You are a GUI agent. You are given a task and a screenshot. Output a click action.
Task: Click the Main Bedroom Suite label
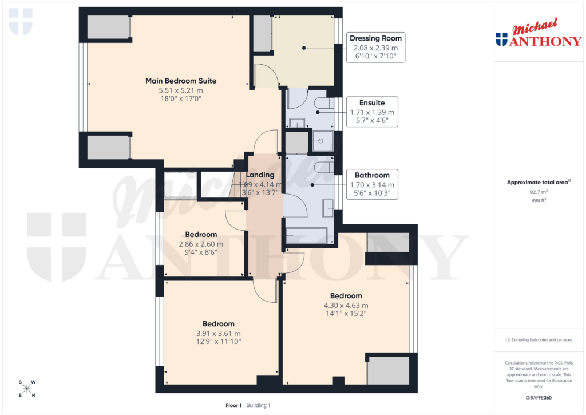pos(181,81)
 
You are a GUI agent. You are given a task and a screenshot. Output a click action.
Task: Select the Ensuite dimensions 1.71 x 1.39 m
pos(372,112)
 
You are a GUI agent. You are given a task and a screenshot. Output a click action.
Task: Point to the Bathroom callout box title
pos(372,175)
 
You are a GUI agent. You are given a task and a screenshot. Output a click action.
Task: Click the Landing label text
pos(260,175)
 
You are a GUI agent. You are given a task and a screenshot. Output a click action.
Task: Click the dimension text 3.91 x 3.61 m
pos(218,333)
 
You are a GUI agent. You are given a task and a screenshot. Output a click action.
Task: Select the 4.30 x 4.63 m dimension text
pos(346,305)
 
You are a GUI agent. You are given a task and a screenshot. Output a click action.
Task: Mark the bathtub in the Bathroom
pos(307,236)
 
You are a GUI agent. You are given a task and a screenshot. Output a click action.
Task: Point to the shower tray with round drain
pos(323,141)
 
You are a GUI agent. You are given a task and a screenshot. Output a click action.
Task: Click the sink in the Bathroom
pos(328,208)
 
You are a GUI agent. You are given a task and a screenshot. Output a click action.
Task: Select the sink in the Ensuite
pos(297,122)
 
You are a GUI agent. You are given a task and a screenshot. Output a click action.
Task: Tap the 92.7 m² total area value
pos(539,193)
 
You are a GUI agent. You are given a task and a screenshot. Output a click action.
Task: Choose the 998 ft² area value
pos(539,201)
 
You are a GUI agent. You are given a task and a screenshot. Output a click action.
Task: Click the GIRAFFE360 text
pos(539,397)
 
